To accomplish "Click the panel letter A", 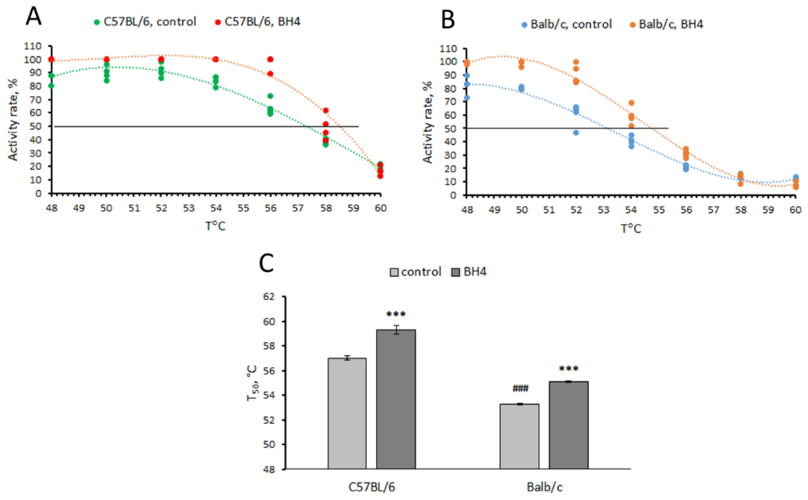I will point(34,16).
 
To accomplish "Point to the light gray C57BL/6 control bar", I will point(347,413).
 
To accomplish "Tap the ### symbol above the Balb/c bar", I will point(520,388).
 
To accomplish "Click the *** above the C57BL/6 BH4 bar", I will point(396,314).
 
